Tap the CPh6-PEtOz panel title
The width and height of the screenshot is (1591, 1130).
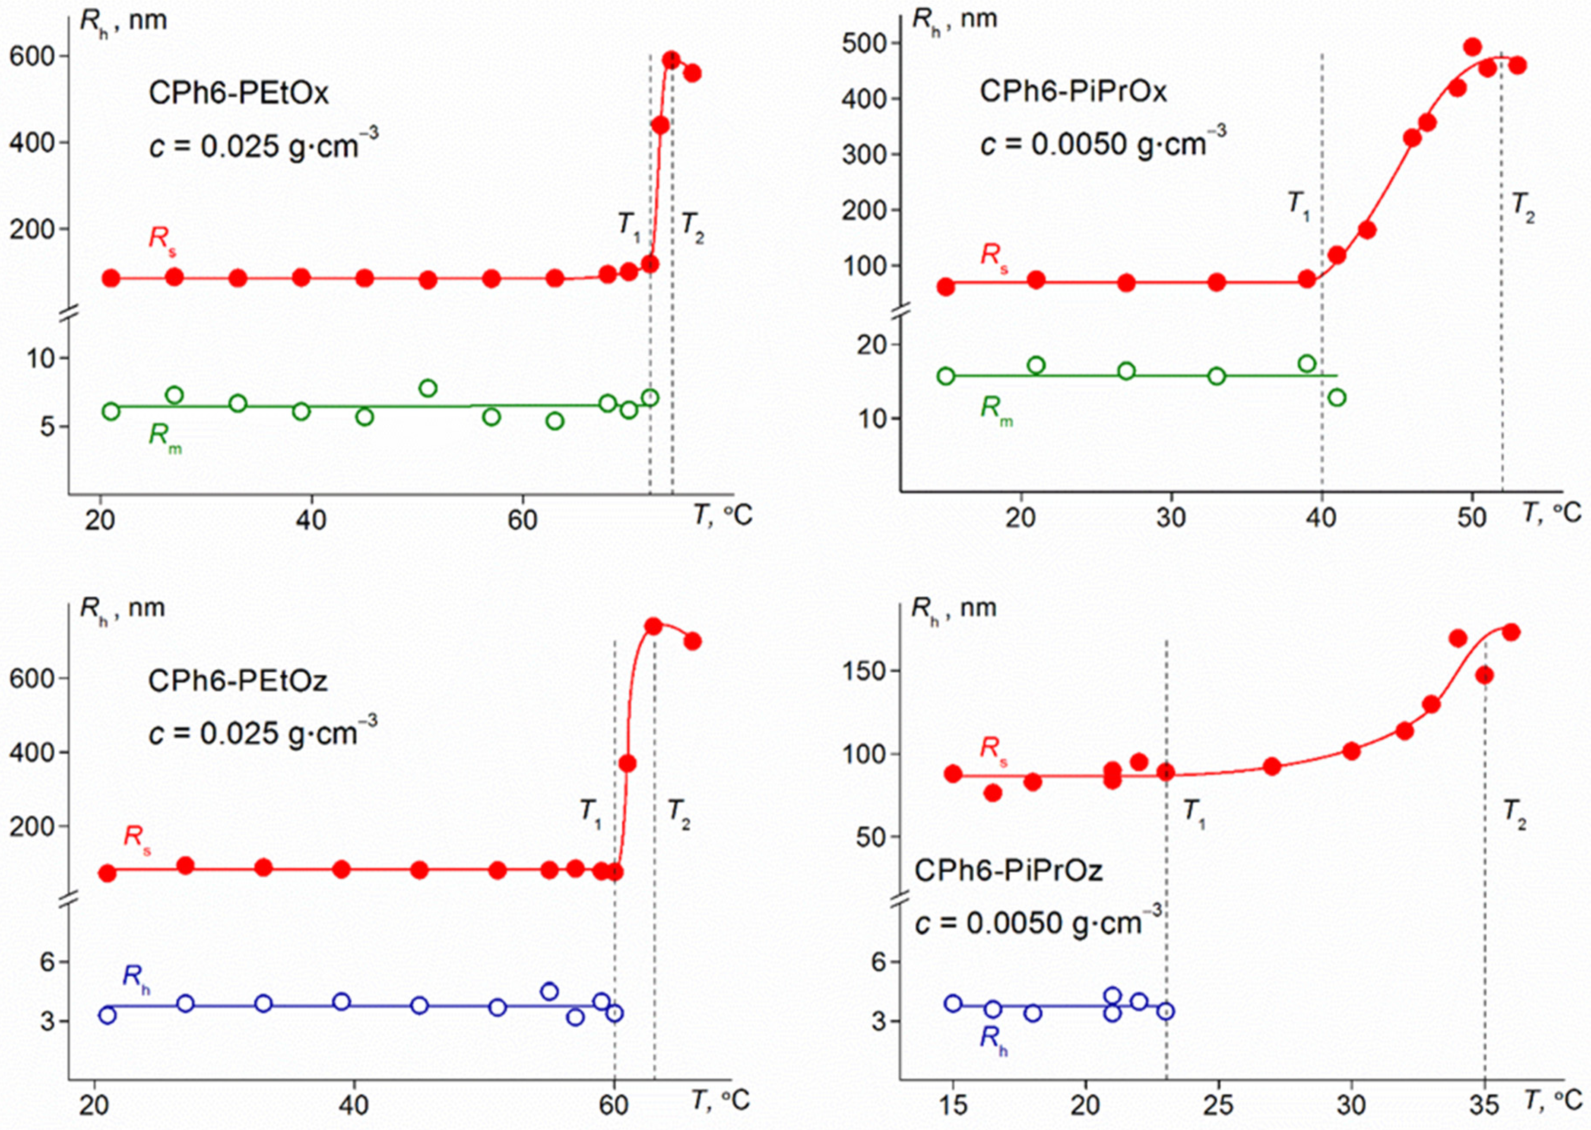pyautogui.click(x=238, y=681)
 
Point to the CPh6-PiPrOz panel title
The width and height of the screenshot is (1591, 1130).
pyautogui.click(x=1008, y=870)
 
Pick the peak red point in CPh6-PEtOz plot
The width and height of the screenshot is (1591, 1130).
pyautogui.click(x=653, y=626)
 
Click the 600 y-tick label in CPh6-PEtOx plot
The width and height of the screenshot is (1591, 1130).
pyautogui.click(x=32, y=57)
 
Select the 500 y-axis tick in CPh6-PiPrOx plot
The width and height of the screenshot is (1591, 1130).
pyautogui.click(x=862, y=43)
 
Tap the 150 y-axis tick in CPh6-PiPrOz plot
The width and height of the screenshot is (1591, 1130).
pyautogui.click(x=862, y=671)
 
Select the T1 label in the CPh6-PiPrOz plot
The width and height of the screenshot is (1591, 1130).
pyautogui.click(x=1194, y=813)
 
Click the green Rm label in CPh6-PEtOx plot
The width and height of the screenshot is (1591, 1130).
pyautogui.click(x=165, y=438)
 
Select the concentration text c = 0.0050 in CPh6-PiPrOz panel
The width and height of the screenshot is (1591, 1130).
pyautogui.click(x=1037, y=923)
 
